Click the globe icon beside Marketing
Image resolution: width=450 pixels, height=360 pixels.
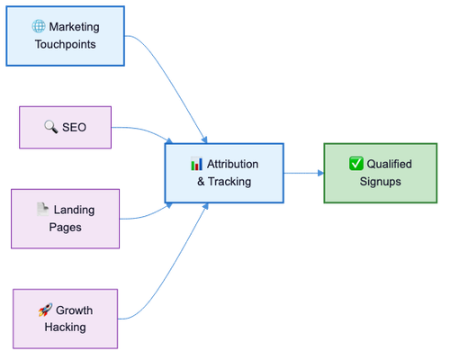(x=39, y=26)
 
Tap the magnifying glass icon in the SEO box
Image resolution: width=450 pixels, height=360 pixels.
(x=51, y=127)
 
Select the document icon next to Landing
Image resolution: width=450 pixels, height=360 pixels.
(x=42, y=209)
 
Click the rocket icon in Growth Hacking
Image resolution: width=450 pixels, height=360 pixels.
(x=45, y=310)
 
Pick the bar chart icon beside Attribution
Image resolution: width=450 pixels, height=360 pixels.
(x=196, y=164)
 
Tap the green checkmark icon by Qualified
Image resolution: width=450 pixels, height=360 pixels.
(x=356, y=164)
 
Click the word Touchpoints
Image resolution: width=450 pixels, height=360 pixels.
(x=66, y=44)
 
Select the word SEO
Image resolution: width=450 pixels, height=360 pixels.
(x=74, y=127)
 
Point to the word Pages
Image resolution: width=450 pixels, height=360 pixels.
(x=66, y=228)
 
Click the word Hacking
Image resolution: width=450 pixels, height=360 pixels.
(x=66, y=327)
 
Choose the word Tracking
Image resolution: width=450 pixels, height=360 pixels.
(x=229, y=182)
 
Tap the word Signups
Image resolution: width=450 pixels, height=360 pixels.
(x=381, y=182)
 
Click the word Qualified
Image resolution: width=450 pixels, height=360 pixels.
(x=389, y=164)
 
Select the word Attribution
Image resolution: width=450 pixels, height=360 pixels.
(x=232, y=164)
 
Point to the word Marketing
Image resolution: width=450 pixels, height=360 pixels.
(x=74, y=27)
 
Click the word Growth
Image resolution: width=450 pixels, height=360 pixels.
(x=74, y=310)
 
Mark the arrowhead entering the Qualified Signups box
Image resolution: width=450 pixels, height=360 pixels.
(x=320, y=173)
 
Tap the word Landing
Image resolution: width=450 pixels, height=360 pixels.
(x=74, y=210)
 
